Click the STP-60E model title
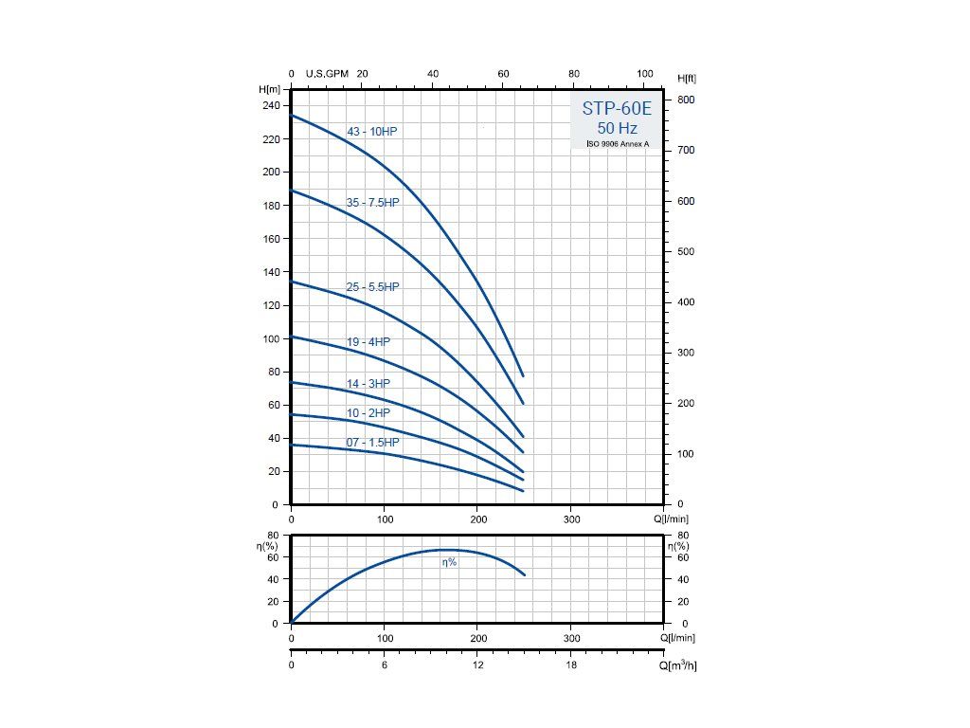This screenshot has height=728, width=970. pos(617,109)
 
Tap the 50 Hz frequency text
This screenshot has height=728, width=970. pos(617,128)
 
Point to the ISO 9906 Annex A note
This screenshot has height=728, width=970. pos(618,144)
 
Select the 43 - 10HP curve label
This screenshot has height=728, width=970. pos(371,132)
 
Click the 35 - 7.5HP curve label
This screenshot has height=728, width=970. pos(372,203)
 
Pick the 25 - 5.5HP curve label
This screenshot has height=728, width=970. pos(372,287)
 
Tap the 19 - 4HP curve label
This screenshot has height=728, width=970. pos(368,341)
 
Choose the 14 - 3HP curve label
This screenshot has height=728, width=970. pos(368,383)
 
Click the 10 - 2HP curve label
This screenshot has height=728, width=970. pos(368,413)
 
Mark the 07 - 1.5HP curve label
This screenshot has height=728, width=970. pos(372,443)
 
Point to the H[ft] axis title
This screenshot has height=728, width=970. pos(687,77)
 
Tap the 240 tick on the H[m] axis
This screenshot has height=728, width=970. pos(272,105)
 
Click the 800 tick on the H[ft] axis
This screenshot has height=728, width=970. pos(686,100)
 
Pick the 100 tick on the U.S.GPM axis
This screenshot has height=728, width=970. pos(646,73)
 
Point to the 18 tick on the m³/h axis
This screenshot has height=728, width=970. pos(571,665)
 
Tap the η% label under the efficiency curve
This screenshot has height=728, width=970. pos(449,562)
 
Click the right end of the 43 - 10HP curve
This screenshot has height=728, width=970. pos(522,375)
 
